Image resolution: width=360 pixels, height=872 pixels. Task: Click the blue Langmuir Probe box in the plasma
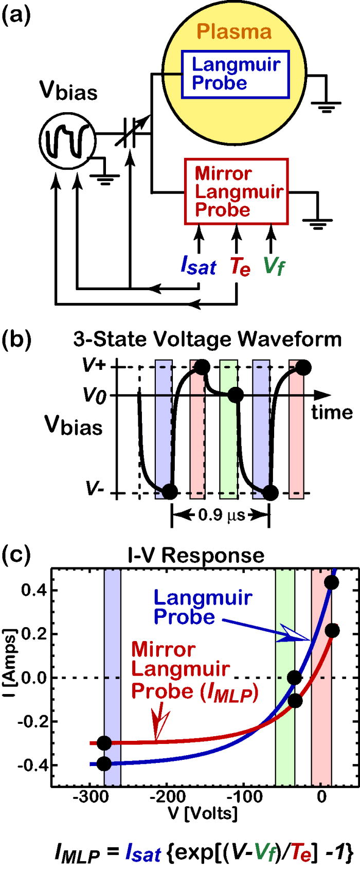click(233, 74)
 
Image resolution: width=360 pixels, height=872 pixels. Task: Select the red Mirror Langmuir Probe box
click(237, 191)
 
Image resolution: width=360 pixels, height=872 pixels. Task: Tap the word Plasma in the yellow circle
click(234, 32)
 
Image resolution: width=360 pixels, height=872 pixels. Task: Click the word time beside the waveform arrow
click(332, 412)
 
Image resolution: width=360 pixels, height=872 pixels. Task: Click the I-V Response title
click(195, 555)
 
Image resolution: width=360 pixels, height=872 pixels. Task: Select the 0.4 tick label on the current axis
click(33, 590)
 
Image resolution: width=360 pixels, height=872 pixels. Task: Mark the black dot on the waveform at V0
click(236, 395)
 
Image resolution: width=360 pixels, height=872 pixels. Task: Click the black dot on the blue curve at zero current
click(294, 677)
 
